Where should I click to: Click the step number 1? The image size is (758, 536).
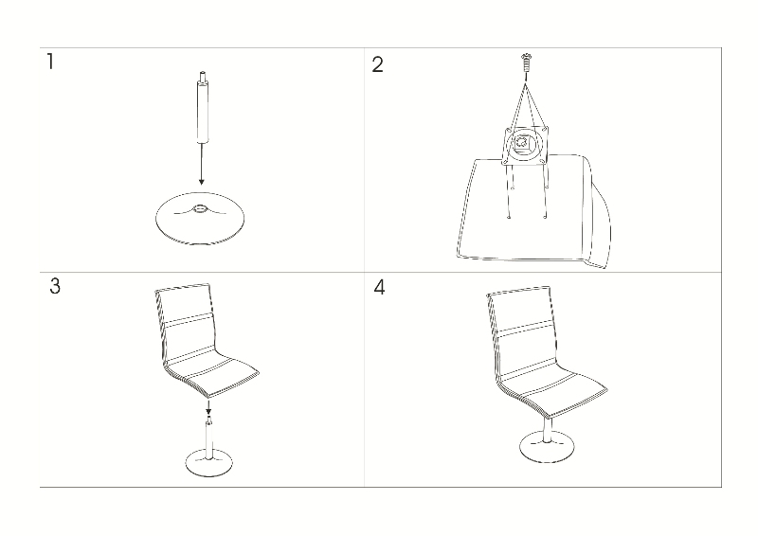(x=50, y=62)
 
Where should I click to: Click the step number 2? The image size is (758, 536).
(x=377, y=64)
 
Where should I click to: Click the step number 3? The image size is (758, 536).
(x=55, y=286)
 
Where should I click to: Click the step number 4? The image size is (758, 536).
(x=380, y=287)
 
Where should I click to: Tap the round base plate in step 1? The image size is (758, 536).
(x=200, y=218)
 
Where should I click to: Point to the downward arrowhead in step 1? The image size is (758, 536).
(x=202, y=181)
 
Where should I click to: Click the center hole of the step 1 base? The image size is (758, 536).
(x=200, y=208)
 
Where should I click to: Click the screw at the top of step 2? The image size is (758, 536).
(x=526, y=63)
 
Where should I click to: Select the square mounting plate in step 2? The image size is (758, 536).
(x=526, y=145)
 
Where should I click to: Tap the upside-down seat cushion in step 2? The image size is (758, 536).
(x=532, y=211)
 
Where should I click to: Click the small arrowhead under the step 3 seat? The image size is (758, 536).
(x=208, y=411)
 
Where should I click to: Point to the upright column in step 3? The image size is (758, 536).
(x=208, y=438)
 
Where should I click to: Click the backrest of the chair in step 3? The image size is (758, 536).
(x=186, y=323)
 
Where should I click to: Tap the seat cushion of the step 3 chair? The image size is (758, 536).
(x=212, y=376)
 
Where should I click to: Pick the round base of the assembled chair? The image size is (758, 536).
(x=548, y=447)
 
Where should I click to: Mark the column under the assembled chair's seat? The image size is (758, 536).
(x=548, y=428)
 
